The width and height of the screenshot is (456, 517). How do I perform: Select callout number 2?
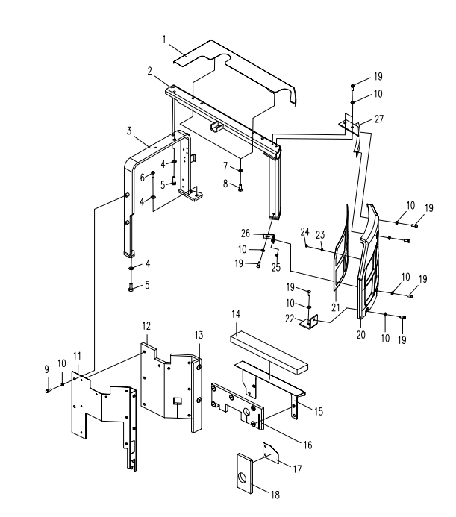[x=151, y=72]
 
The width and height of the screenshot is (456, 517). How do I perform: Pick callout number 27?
[x=379, y=119]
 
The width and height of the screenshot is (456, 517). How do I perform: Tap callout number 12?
[x=147, y=325]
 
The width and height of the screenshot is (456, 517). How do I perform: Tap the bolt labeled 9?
[x=47, y=389]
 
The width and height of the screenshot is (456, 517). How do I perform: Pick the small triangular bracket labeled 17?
[x=269, y=453]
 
